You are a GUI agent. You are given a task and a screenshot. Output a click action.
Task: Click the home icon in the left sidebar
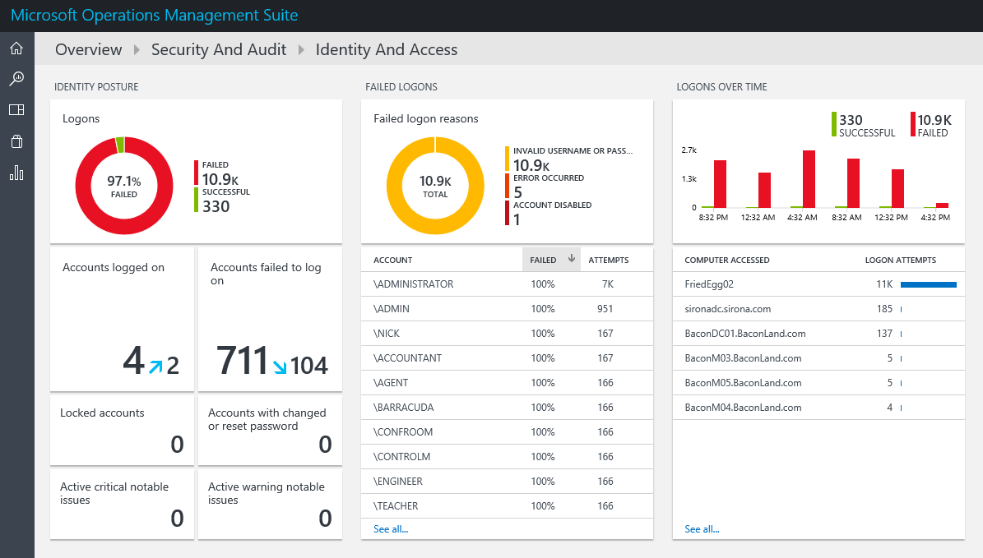click(x=16, y=48)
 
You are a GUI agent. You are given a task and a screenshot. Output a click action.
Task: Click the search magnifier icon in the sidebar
click(x=16, y=79)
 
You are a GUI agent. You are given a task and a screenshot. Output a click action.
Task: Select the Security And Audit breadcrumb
click(x=219, y=50)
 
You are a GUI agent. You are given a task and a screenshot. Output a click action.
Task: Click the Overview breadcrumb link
click(x=88, y=50)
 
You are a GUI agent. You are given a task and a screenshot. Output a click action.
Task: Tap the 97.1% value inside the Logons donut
click(x=123, y=181)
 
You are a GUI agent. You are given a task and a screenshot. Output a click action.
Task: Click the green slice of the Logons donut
click(x=120, y=145)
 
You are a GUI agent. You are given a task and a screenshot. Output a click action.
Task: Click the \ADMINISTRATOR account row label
click(x=413, y=284)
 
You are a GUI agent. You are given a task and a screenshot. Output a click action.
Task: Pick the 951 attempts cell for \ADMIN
click(x=605, y=309)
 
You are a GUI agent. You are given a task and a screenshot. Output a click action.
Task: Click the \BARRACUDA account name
click(x=403, y=408)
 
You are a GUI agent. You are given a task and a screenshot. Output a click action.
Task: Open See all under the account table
click(x=391, y=529)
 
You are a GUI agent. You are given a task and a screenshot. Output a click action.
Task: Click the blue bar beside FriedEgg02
click(x=928, y=284)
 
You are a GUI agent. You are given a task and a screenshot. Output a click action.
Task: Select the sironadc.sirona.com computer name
click(x=727, y=309)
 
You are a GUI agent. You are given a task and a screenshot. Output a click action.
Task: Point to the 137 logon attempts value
click(x=884, y=334)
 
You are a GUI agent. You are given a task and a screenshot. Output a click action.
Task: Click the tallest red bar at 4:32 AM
click(x=809, y=178)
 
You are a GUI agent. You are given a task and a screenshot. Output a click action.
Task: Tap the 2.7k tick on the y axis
click(x=689, y=150)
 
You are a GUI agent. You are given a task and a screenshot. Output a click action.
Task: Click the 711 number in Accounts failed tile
click(x=243, y=361)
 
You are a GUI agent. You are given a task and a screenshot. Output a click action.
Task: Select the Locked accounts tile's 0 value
click(x=177, y=445)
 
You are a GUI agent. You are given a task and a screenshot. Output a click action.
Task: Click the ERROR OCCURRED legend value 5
click(x=517, y=192)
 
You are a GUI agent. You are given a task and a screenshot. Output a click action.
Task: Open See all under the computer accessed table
click(x=702, y=529)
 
